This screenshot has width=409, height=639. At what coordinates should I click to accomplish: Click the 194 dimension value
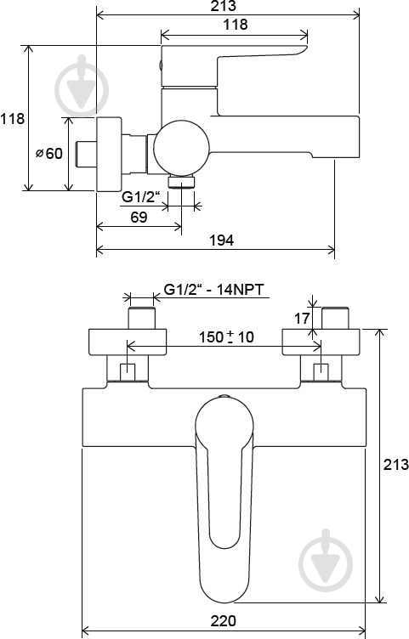(x=221, y=240)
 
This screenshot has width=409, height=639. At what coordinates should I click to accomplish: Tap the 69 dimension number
(x=139, y=217)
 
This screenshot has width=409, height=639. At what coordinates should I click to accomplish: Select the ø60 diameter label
(x=49, y=154)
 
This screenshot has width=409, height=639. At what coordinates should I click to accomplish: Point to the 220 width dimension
(x=223, y=620)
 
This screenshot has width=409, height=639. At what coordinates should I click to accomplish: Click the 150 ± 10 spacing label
(x=226, y=337)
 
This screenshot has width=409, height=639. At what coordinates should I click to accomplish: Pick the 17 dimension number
(x=302, y=319)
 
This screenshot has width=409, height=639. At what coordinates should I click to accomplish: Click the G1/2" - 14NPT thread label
(x=213, y=290)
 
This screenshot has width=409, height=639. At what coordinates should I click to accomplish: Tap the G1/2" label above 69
(x=139, y=197)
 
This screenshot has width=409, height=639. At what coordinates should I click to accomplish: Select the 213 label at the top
(x=224, y=6)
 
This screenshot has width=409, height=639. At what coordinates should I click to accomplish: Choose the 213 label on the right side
(x=395, y=464)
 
